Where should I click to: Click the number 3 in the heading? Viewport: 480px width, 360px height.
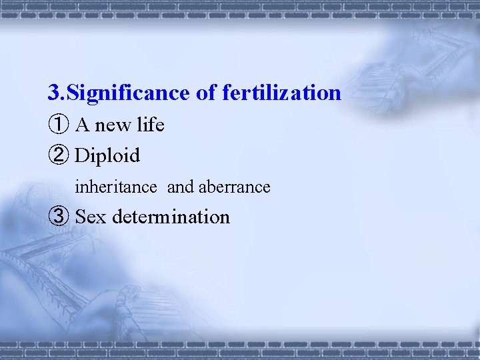click(x=53, y=93)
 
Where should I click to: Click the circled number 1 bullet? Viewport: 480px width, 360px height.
click(x=58, y=125)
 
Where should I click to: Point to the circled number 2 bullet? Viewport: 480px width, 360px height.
click(x=58, y=156)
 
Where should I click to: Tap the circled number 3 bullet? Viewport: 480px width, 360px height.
click(x=58, y=217)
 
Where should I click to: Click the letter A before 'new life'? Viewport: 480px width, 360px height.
click(x=83, y=125)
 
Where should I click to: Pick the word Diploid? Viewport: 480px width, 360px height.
click(x=107, y=156)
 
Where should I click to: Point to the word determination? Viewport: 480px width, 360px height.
click(x=171, y=217)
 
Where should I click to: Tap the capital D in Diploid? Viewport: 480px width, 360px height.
click(x=82, y=156)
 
